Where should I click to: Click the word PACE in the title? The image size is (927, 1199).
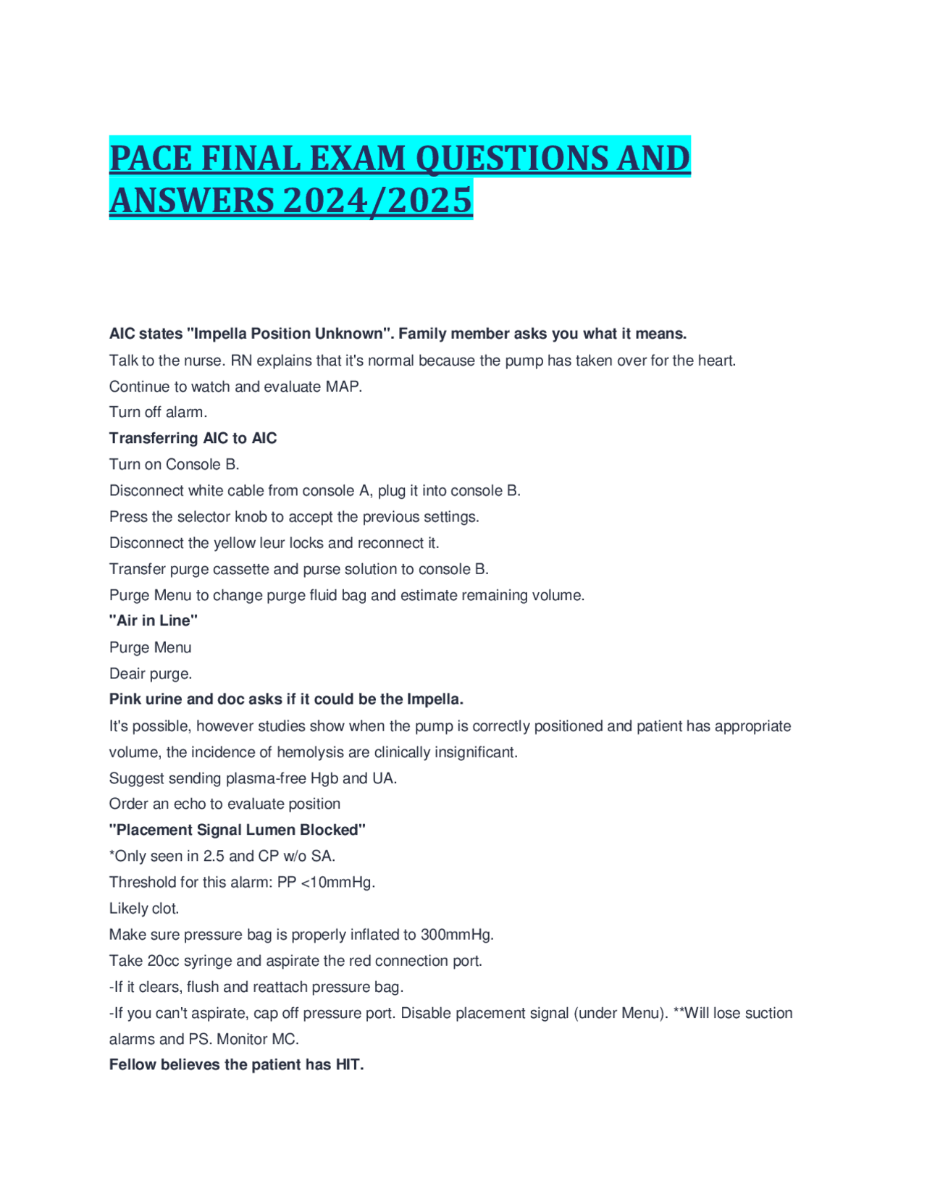151,159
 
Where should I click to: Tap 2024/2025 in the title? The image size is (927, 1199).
377,201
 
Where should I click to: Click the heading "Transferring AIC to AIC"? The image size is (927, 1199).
193,438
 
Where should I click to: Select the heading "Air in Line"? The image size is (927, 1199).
154,620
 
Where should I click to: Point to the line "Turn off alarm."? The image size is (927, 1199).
158,412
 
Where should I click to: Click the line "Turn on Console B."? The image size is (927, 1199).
174,464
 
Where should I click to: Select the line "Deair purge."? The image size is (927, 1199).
151,673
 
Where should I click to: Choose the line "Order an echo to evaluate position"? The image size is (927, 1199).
225,804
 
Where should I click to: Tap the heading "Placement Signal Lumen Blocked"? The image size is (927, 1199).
237,830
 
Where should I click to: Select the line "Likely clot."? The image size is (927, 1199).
144,908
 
